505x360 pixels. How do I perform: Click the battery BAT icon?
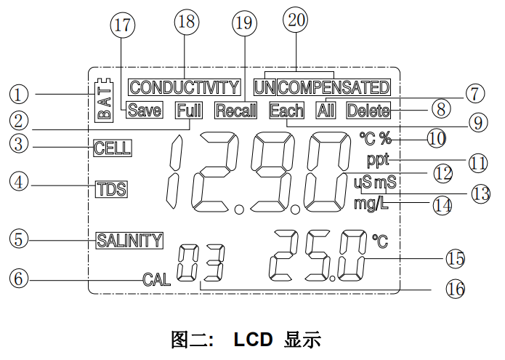(105, 99)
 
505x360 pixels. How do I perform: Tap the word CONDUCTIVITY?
(184, 88)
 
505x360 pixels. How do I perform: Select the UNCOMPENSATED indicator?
(322, 88)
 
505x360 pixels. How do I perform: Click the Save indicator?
(144, 111)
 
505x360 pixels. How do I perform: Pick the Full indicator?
(190, 111)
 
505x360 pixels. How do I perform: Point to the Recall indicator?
(236, 111)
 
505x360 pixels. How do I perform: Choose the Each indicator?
(286, 111)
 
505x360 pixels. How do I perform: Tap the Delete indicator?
(368, 111)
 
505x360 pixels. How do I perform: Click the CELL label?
(113, 148)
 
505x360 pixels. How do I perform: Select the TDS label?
(111, 189)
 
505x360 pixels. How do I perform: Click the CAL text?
(157, 279)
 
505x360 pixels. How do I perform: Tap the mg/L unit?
(371, 204)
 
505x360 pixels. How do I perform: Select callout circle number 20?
(295, 23)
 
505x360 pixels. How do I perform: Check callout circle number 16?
(455, 288)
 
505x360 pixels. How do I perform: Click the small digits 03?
(201, 263)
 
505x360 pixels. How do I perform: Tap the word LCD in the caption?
(253, 339)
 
